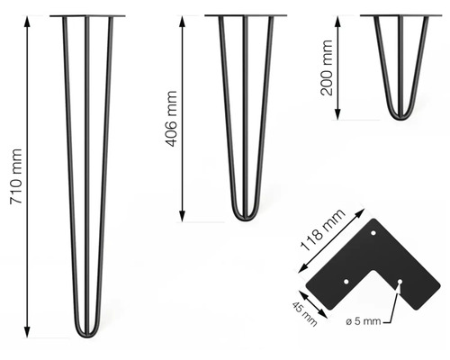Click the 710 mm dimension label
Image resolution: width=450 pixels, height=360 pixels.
(x=16, y=176)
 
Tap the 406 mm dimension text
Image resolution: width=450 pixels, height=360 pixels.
(x=172, y=119)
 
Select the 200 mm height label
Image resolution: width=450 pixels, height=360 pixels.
(x=327, y=67)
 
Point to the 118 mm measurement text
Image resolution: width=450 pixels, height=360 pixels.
(x=323, y=230)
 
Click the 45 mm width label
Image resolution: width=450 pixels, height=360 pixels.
(x=304, y=314)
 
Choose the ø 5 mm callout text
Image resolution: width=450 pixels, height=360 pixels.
(x=364, y=321)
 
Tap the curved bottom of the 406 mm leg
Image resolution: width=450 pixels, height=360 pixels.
(x=245, y=218)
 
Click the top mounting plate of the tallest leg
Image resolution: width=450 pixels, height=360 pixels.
(x=87, y=16)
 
